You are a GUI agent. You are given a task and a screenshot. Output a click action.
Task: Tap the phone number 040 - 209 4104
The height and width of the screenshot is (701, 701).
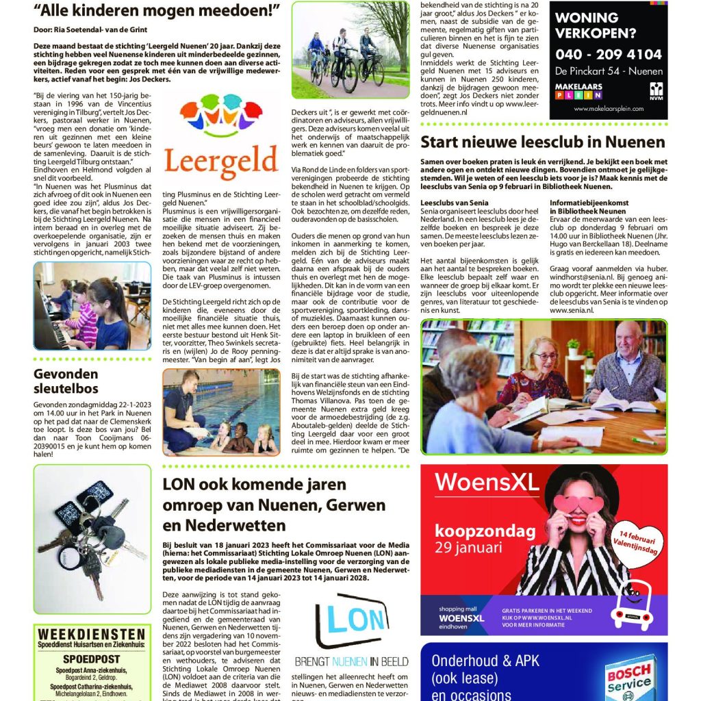pos(609,54)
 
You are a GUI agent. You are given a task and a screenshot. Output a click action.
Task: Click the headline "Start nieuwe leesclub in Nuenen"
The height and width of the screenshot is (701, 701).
pos(542,142)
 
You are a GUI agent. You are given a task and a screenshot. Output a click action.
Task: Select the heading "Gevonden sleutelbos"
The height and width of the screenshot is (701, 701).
pos(66,381)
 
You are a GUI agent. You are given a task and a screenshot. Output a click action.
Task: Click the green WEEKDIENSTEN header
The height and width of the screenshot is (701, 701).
pos(92,634)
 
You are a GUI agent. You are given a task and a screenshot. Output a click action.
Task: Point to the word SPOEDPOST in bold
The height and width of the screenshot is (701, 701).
pos(91,659)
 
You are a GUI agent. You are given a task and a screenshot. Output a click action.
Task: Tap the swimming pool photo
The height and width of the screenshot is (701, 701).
pos(220,412)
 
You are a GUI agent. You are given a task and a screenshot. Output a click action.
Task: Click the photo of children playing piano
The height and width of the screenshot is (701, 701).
pos(82,305)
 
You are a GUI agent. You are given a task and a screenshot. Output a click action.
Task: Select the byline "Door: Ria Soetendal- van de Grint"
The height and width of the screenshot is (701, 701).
pos(90,29)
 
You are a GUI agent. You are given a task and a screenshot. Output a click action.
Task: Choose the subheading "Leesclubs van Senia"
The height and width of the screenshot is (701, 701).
pos(454,203)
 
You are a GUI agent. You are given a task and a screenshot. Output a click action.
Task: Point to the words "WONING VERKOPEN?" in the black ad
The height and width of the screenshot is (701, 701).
pos(594,25)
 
